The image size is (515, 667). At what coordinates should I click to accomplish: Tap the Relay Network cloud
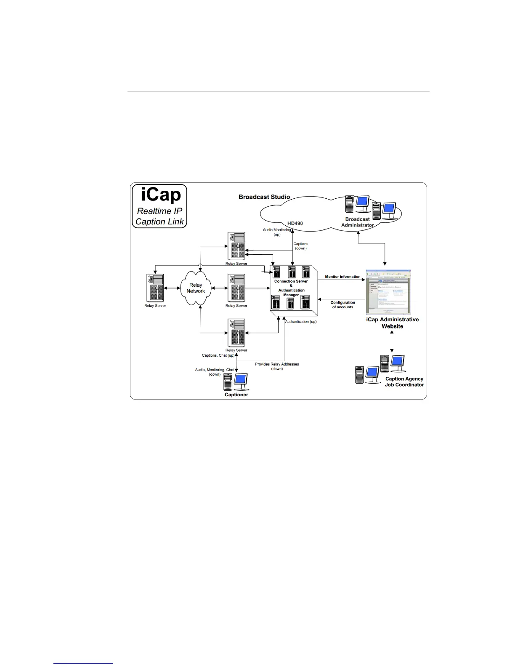(196, 288)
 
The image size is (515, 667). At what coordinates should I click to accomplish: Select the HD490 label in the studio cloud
(295, 223)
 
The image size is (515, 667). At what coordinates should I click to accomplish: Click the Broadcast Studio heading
(264, 197)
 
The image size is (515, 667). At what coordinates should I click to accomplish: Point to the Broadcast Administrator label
(357, 222)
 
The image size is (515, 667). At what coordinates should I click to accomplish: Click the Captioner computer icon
(235, 382)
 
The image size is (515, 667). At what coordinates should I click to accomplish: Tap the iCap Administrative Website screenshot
(388, 292)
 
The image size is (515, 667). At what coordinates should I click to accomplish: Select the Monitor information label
(342, 277)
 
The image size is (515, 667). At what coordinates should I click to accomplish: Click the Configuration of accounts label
(342, 304)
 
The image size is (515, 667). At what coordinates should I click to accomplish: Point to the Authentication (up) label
(300, 322)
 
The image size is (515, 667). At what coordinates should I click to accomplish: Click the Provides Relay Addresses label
(277, 366)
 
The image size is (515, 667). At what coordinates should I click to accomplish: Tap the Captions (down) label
(300, 246)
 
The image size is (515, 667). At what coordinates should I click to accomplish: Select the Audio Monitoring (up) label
(277, 232)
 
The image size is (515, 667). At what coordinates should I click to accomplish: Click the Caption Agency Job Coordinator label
(404, 382)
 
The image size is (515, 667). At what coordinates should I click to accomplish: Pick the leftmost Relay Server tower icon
(155, 288)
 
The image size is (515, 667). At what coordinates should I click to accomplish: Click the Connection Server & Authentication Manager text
(291, 288)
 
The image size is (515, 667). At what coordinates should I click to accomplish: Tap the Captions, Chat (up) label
(218, 355)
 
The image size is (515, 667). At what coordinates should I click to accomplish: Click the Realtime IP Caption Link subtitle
(159, 216)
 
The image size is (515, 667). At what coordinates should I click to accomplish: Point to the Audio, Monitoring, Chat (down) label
(215, 372)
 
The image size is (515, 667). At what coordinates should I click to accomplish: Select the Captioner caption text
(236, 395)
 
